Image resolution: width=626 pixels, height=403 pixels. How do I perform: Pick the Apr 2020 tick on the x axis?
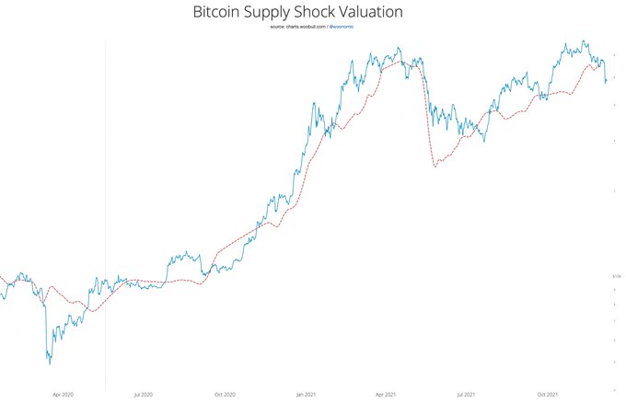[62, 394]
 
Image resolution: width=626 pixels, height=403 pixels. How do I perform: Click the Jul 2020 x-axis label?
[143, 394]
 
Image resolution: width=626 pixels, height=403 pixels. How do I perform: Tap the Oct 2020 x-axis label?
[225, 394]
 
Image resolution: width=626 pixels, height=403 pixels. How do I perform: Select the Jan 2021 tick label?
[307, 394]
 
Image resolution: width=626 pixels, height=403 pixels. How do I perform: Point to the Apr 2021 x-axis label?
[387, 394]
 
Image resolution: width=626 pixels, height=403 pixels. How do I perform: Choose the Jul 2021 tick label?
[468, 394]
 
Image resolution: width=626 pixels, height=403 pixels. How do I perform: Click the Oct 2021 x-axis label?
[549, 394]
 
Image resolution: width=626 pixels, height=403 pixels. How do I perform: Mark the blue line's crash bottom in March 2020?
[49, 363]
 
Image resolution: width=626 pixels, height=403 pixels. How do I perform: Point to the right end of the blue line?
[605, 82]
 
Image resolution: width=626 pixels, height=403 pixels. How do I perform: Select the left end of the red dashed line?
[1, 275]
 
